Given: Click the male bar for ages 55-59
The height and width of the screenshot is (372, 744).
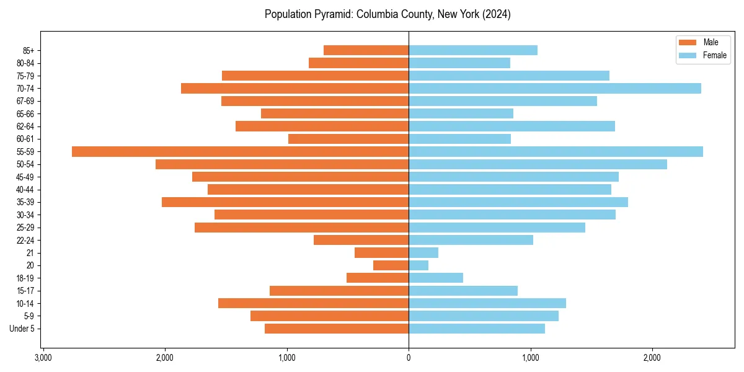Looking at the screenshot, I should (x=240, y=151).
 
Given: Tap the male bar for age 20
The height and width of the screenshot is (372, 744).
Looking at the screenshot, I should (x=391, y=265).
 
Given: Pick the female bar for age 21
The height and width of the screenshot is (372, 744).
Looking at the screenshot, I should (x=423, y=252).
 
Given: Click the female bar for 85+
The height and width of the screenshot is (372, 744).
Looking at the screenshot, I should (x=472, y=50).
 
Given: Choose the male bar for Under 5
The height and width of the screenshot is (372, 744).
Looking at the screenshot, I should (x=337, y=329).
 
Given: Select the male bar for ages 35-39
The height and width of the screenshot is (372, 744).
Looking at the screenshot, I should (x=285, y=202).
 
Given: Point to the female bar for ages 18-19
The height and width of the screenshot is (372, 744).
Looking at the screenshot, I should (x=436, y=278).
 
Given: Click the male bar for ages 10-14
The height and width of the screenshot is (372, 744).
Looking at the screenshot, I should (x=313, y=303).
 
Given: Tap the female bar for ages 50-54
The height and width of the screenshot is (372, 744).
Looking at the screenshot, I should (x=538, y=164).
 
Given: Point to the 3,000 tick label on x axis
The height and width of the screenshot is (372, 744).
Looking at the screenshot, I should (x=43, y=358).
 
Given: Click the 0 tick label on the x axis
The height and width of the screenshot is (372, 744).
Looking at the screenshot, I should (x=409, y=358).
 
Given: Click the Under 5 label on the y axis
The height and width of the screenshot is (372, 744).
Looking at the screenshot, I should (x=22, y=329).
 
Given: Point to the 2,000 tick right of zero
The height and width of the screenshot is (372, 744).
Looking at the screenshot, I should (x=652, y=358).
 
